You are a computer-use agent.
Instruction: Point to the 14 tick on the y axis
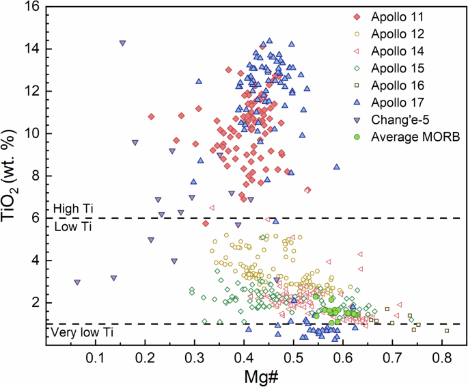tap(34, 49)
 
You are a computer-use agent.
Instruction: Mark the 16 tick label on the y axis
tap(34, 7)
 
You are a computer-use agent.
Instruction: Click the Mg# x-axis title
tap(254, 377)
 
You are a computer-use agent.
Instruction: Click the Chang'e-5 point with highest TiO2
tap(122, 43)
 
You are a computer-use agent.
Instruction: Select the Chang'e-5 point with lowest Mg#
tap(77, 282)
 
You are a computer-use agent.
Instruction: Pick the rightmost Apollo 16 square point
tap(447, 330)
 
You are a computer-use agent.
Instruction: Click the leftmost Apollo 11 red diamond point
tap(151, 117)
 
